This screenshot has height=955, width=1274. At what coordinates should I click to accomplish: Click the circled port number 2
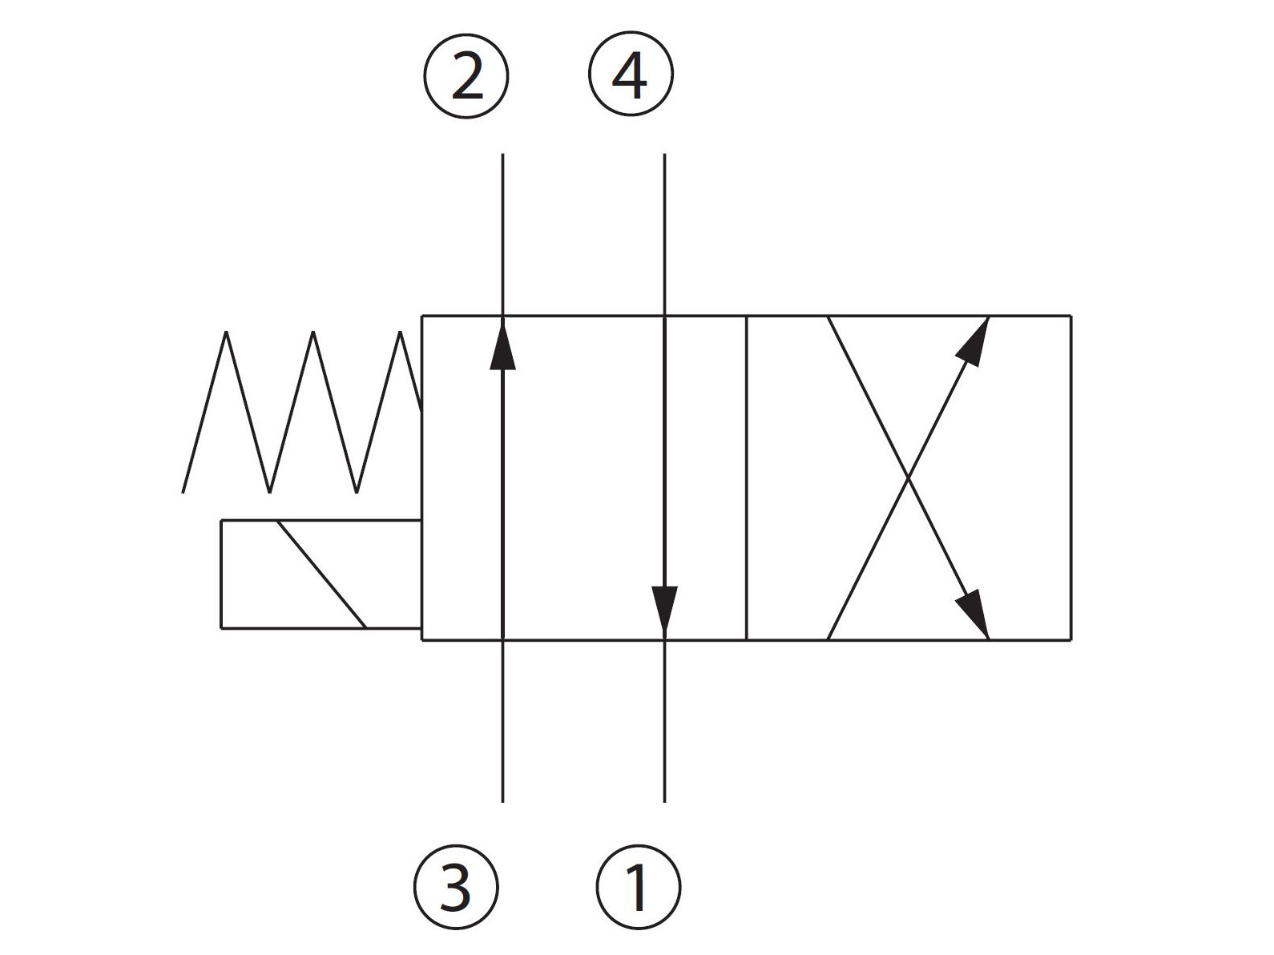point(466,77)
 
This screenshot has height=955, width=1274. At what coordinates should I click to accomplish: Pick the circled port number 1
point(639,887)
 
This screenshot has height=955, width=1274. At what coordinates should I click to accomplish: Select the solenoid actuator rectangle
point(321,574)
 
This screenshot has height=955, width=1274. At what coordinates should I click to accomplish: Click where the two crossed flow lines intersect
point(909,478)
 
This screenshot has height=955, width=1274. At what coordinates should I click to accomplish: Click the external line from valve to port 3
point(502,721)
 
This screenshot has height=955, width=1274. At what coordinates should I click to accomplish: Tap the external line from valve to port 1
point(664,721)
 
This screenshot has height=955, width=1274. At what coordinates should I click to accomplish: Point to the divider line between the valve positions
point(746,478)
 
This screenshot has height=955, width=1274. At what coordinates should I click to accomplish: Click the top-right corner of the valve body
point(1071,316)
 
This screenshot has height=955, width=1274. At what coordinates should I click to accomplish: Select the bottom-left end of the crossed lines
point(829,639)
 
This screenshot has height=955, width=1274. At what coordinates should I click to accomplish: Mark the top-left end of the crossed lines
point(829,317)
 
